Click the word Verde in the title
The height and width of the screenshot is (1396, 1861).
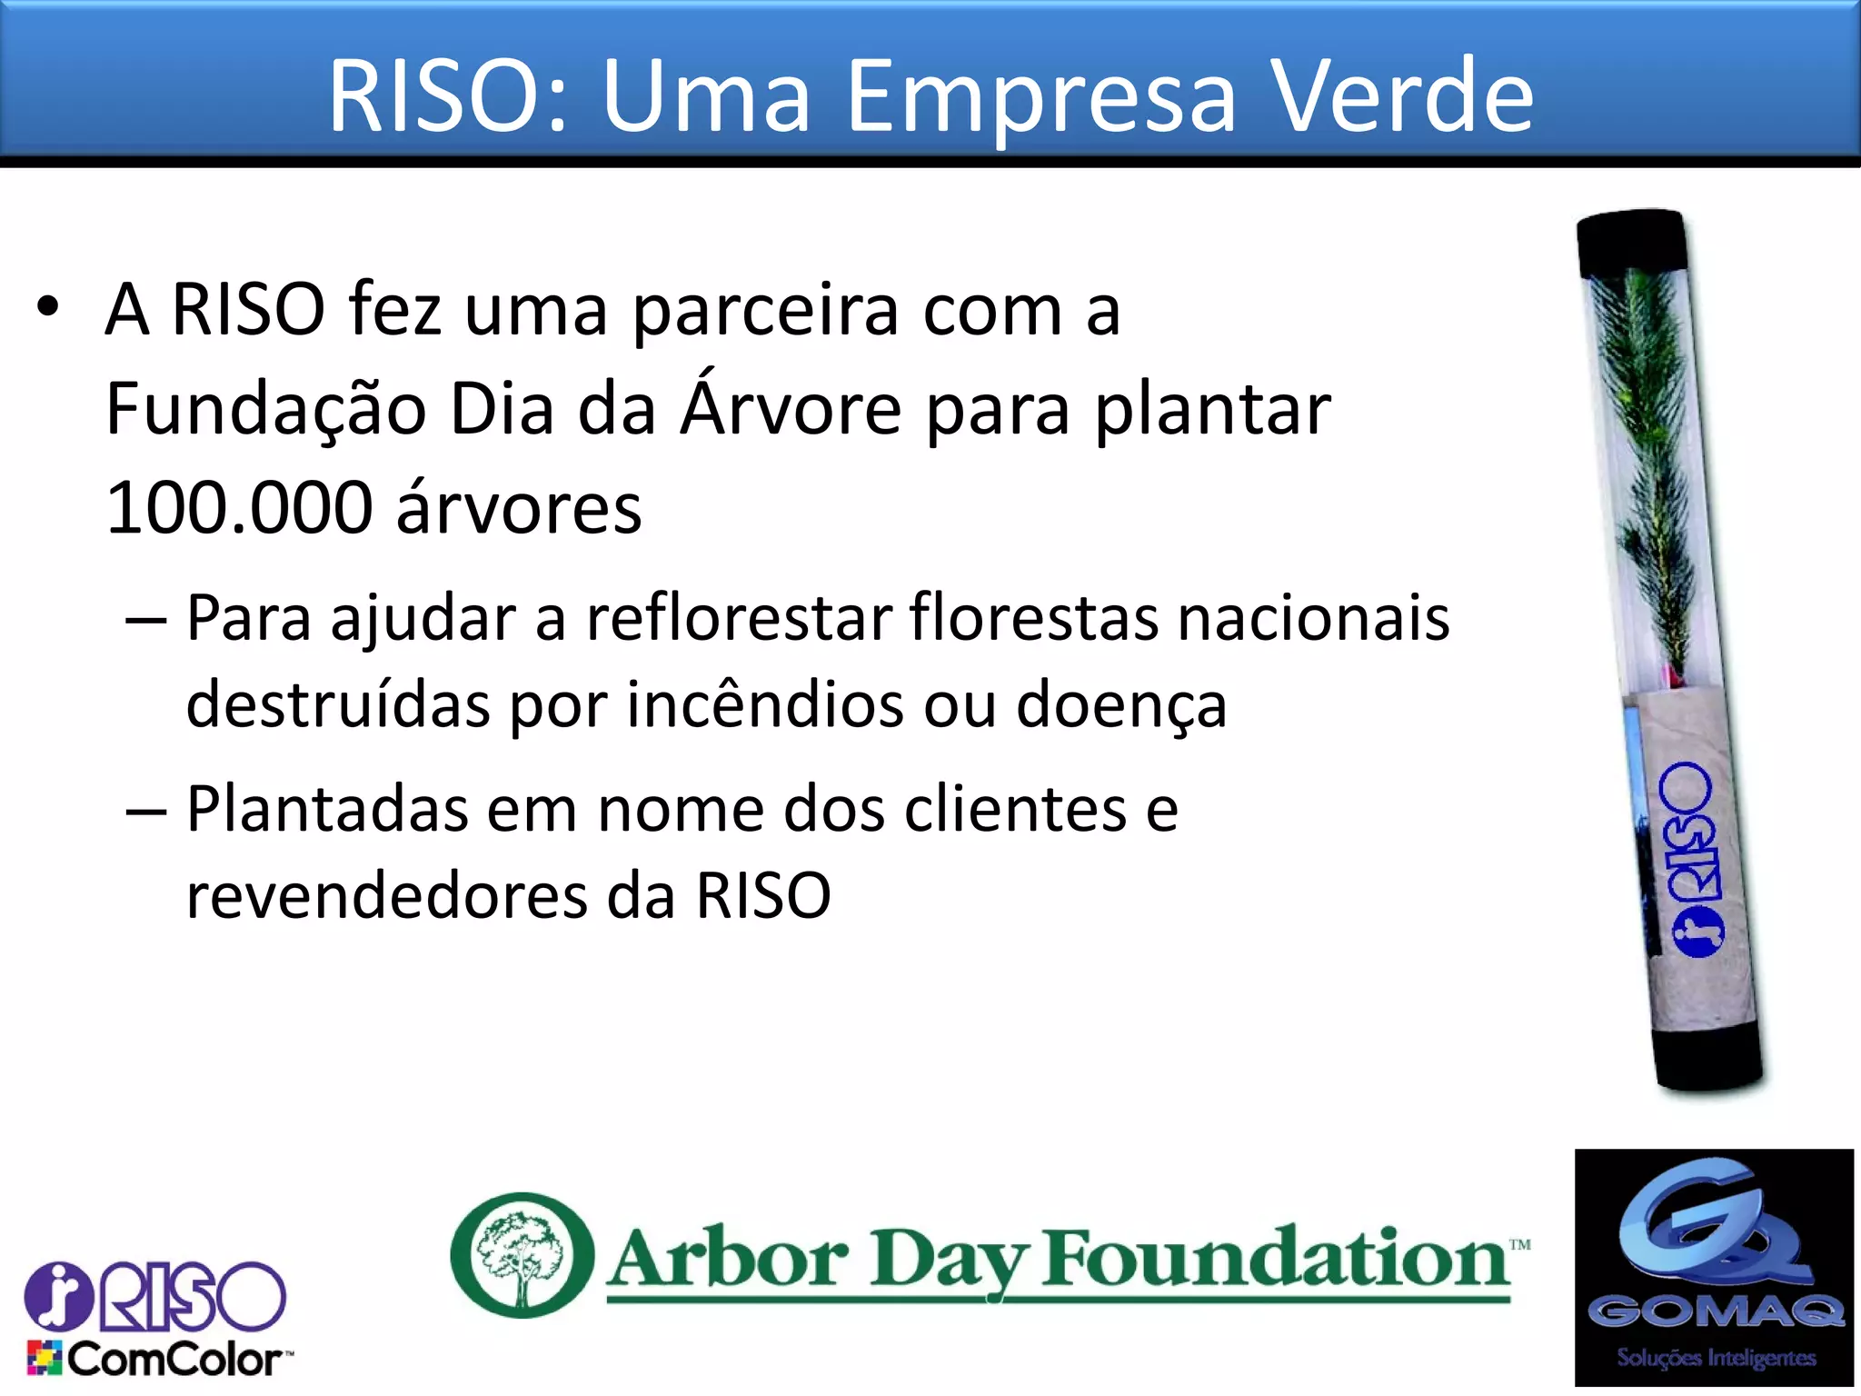click(x=1401, y=95)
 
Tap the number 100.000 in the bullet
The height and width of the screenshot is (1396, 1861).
click(x=238, y=508)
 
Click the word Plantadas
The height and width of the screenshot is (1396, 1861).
click(x=326, y=809)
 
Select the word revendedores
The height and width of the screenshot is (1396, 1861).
click(x=386, y=896)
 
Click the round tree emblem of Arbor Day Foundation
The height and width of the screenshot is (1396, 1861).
click(x=522, y=1255)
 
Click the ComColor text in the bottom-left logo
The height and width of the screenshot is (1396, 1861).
click(x=174, y=1360)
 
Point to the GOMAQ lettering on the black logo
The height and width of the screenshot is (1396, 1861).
click(x=1715, y=1311)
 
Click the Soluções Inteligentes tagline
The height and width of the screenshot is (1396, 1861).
click(x=1715, y=1358)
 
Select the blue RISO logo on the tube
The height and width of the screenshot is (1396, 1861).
click(x=1691, y=859)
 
